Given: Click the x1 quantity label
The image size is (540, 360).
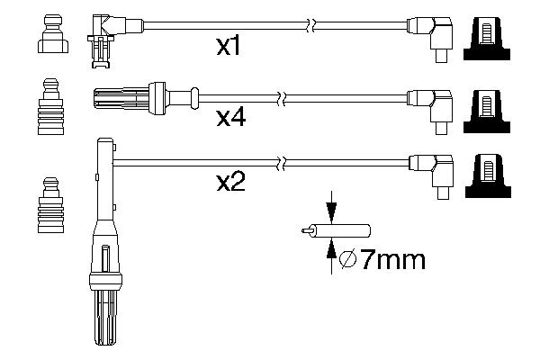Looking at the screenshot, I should click(229, 46).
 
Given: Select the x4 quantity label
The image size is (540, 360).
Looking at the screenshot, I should click(230, 117).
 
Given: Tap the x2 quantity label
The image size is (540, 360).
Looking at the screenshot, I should click(230, 184).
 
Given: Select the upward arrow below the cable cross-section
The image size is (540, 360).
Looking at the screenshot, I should click(331, 254).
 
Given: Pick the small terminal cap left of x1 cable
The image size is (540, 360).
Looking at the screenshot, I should click(52, 33).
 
